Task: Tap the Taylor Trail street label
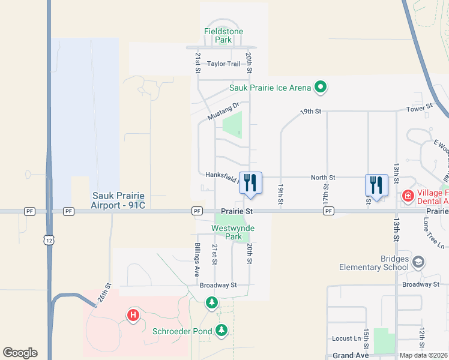[x=223, y=64]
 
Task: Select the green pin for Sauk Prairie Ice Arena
[x=321, y=88]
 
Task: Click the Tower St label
[x=419, y=107]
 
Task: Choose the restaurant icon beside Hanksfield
[x=250, y=182]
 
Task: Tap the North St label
[x=323, y=178]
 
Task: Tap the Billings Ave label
[x=196, y=259]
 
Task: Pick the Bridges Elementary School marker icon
[x=418, y=262]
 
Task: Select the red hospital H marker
[x=133, y=314]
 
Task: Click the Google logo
[x=20, y=353]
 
